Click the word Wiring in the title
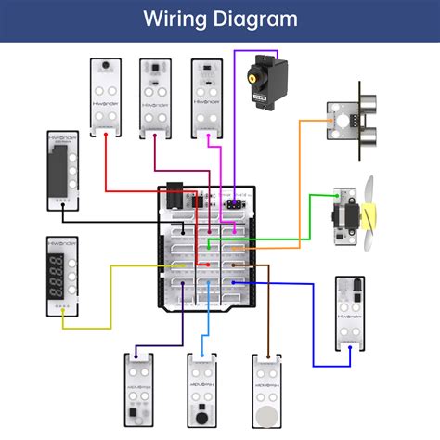pyautogui.click(x=175, y=19)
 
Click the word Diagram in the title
pyautogui.click(x=253, y=19)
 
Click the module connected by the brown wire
pyautogui.click(x=267, y=389)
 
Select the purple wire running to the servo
pyautogui.click(x=232, y=111)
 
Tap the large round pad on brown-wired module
pyautogui.click(x=267, y=412)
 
